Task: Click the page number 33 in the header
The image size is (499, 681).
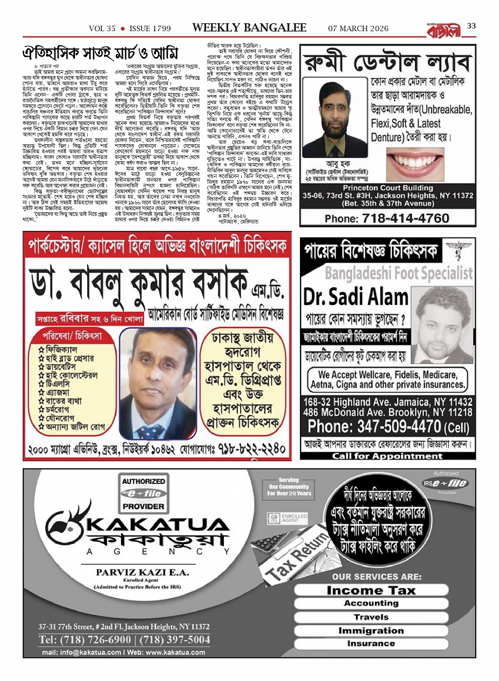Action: tap(472, 26)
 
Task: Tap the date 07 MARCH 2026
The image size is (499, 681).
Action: tap(358, 29)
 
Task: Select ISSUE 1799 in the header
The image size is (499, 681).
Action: tap(149, 29)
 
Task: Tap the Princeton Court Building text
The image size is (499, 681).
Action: tap(388, 188)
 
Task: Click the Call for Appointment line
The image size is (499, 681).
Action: tap(388, 456)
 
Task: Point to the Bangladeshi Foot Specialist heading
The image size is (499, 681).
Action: tap(399, 273)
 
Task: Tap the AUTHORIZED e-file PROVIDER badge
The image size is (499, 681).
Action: tap(144, 493)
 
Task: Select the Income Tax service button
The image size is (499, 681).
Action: tap(371, 590)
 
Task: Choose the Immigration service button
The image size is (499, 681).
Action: tap(371, 630)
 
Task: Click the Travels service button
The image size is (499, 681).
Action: tap(371, 617)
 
